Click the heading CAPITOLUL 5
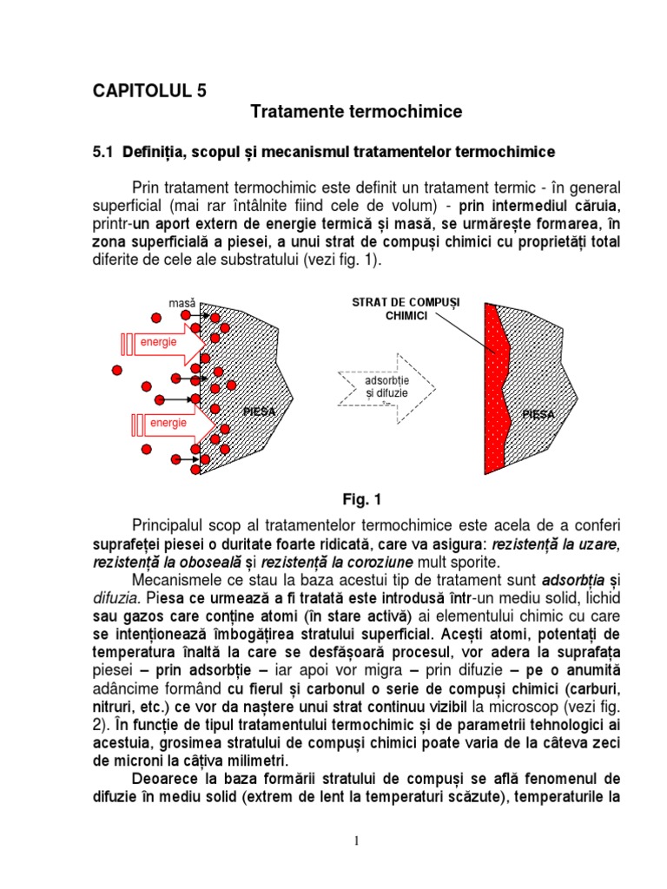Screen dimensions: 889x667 pyautogui.click(x=149, y=89)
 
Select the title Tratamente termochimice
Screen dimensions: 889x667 pyautogui.click(x=356, y=112)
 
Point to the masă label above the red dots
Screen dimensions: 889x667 pyautogui.click(x=183, y=303)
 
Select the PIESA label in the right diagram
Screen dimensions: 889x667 pyautogui.click(x=538, y=415)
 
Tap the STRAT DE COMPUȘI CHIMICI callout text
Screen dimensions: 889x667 pyautogui.click(x=406, y=309)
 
